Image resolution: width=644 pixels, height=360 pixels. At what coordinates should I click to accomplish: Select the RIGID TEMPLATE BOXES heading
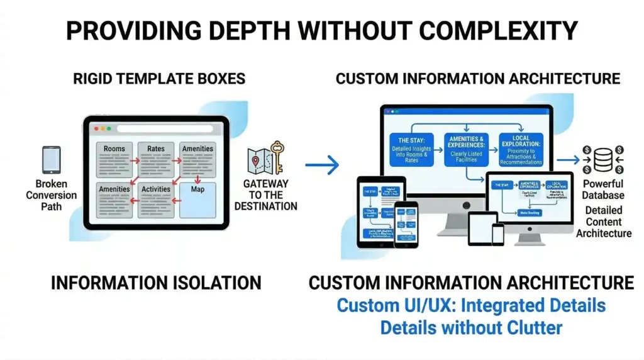[x=159, y=79]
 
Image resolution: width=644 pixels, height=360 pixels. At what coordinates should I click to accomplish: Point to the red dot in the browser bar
[x=96, y=129]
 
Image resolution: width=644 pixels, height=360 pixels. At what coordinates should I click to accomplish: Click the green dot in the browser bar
[x=109, y=129]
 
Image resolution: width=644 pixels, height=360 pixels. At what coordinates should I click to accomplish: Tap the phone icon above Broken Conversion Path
[x=52, y=160]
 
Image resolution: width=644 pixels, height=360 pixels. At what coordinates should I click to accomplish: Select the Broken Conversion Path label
[x=52, y=195]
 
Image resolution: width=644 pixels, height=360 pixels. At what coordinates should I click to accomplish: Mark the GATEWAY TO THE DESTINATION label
[x=265, y=195]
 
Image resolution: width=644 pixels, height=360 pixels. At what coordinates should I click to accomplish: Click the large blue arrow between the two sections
[x=322, y=166]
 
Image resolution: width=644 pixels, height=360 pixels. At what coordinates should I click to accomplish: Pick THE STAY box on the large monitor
[x=411, y=150]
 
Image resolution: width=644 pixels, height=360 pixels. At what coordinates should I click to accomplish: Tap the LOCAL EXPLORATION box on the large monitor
[x=521, y=150]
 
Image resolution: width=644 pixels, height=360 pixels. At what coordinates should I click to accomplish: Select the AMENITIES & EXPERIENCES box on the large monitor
[x=466, y=150]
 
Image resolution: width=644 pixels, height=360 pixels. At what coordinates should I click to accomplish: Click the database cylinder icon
[x=603, y=160]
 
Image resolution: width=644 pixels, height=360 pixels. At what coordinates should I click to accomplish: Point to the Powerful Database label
[x=603, y=189]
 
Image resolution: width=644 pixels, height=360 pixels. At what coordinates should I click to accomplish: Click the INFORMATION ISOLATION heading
[x=156, y=283]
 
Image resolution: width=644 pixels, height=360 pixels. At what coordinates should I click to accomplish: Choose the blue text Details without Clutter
[x=471, y=327]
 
